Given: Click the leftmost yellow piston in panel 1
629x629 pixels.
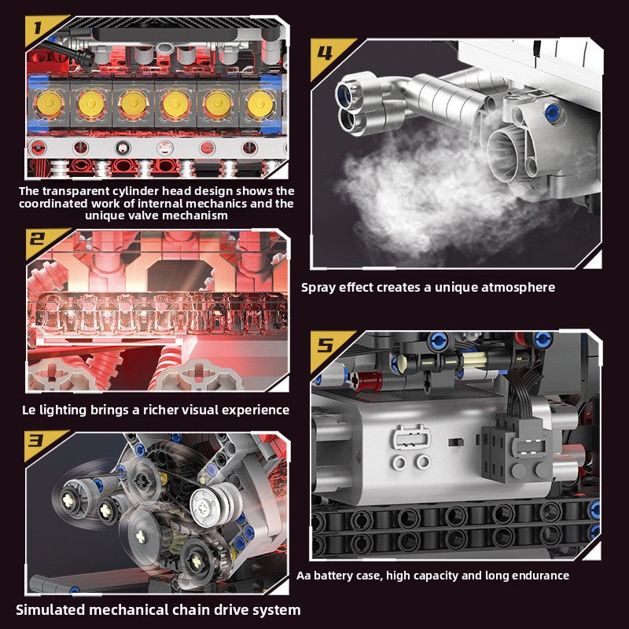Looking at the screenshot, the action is coord(49,105).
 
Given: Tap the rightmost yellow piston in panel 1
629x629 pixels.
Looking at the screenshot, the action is coord(260,105).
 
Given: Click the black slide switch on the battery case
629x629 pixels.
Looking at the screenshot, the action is coord(455,443).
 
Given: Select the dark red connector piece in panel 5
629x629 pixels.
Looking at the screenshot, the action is coord(368,381).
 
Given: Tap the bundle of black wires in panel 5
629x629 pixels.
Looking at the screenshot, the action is coord(521,391).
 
